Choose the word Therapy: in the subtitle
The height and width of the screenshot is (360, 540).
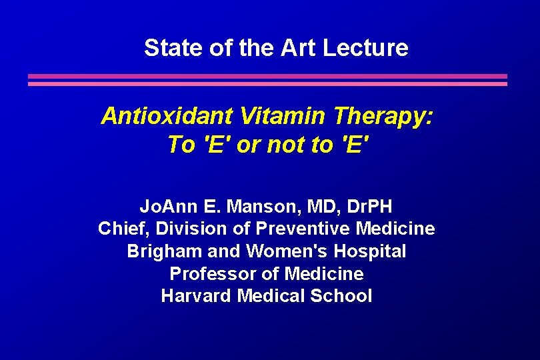383,117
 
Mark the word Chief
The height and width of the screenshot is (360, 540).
124,229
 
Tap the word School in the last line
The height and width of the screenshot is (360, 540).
341,295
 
